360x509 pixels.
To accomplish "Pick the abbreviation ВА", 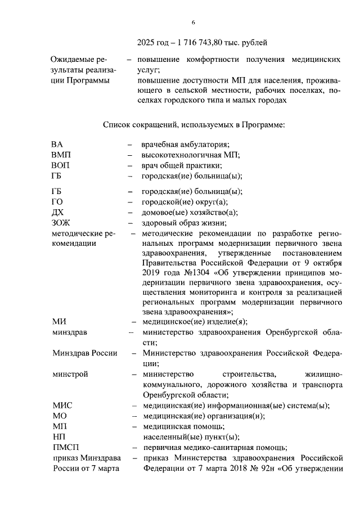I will tap(57, 145).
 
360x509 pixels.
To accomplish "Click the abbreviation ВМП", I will tap(61, 155).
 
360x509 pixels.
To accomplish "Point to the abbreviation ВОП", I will tap(61, 165).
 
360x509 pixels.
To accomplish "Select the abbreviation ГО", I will tap(57, 202).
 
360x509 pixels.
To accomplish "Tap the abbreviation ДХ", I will tap(57, 212).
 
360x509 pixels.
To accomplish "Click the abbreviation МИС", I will tap(62, 406).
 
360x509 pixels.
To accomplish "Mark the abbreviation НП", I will tap(58, 437).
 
